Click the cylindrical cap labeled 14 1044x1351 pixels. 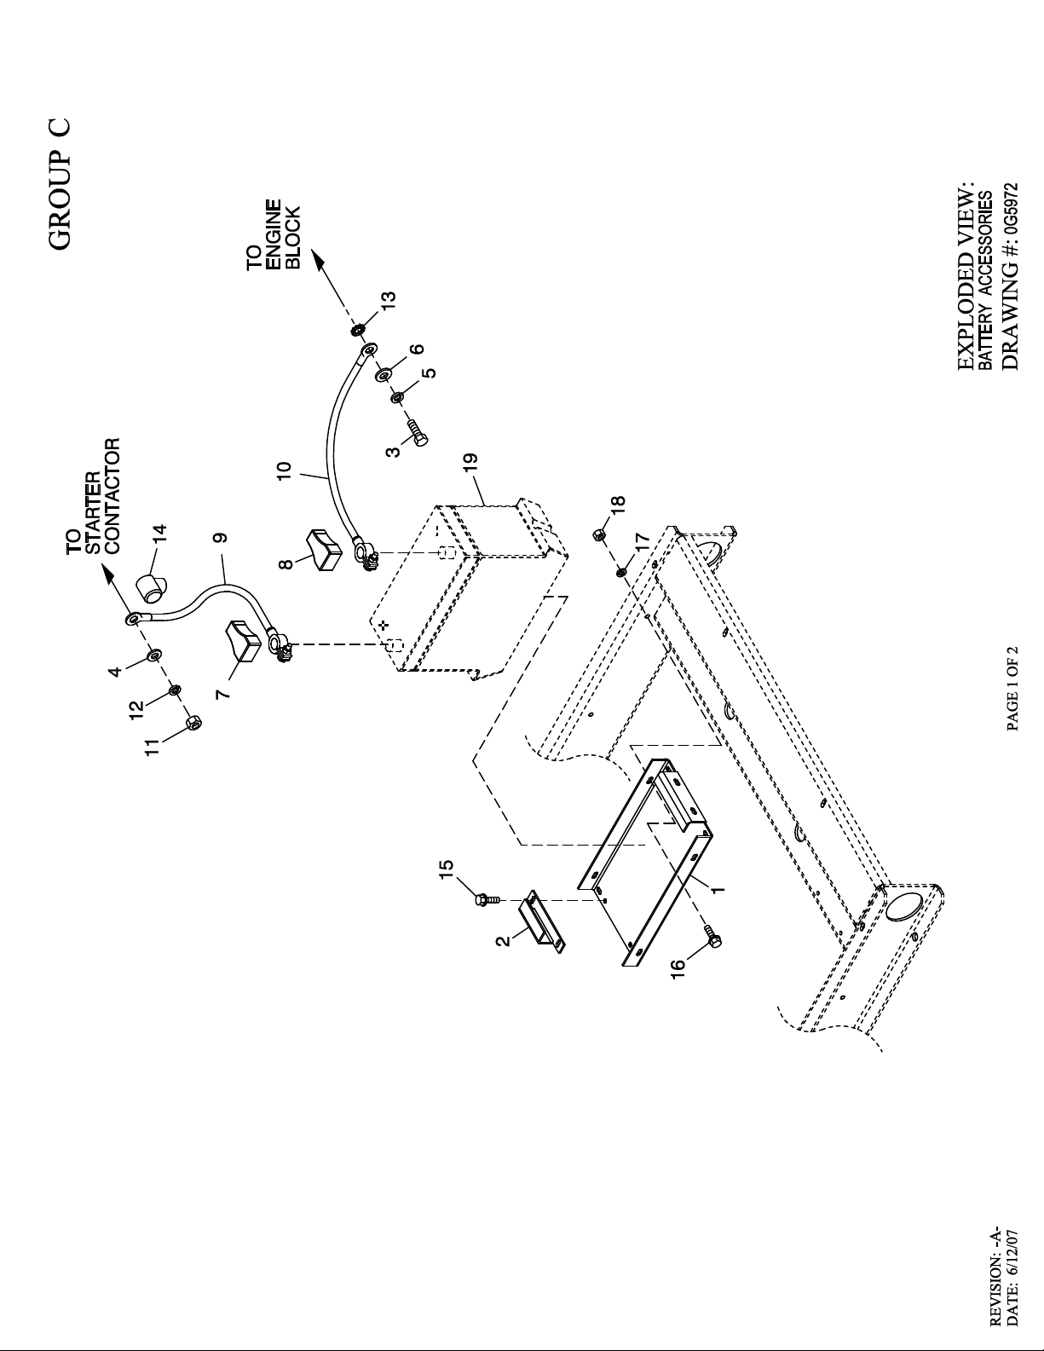pos(152,587)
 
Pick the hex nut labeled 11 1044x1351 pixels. pos(194,723)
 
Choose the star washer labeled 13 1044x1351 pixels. pos(358,329)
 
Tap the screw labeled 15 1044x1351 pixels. pos(485,899)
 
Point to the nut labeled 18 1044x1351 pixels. pos(600,534)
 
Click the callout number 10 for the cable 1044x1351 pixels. pos(284,470)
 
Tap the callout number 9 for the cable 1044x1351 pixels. pos(222,537)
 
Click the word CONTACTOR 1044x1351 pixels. pos(112,495)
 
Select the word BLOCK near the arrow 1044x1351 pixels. pos(292,238)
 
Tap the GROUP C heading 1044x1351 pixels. pos(60,184)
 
